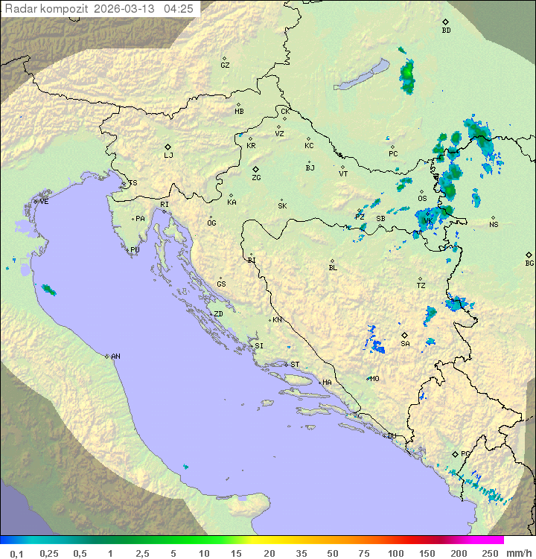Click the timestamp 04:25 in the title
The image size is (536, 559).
(179, 9)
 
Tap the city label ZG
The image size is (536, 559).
(256, 178)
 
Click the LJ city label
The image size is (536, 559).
(168, 156)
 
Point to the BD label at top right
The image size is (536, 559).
(446, 31)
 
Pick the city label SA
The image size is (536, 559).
(405, 343)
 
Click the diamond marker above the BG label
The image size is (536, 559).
(529, 254)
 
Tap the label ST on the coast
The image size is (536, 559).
(295, 365)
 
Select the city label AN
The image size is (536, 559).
(115, 357)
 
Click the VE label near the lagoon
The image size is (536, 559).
(44, 202)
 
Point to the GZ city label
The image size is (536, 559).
(225, 66)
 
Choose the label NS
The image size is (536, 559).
(494, 225)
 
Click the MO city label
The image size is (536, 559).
(374, 378)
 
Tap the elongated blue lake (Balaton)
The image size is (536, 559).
(362, 76)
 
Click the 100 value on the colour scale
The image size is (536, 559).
(395, 553)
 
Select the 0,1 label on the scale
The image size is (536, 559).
(16, 553)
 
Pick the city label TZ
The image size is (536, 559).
(421, 285)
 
